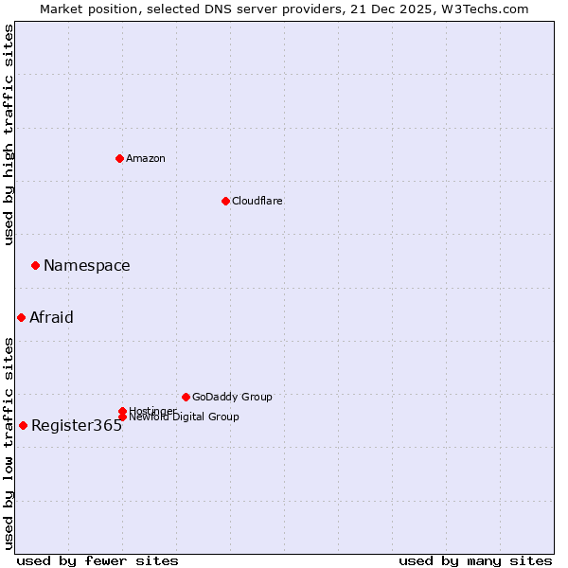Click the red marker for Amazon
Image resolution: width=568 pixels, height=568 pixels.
click(119, 158)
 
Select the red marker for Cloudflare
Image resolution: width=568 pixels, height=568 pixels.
click(225, 201)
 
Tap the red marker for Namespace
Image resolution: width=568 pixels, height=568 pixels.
click(35, 265)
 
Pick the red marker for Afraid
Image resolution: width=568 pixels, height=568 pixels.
click(21, 317)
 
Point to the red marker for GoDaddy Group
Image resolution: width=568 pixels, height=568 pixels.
click(186, 397)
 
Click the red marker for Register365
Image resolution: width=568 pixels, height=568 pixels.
click(23, 425)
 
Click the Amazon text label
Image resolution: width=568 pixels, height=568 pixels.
click(146, 158)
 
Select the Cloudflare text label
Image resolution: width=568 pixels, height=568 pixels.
click(257, 201)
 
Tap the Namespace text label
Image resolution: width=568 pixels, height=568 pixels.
click(87, 265)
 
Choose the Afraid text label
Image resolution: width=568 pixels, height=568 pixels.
click(51, 317)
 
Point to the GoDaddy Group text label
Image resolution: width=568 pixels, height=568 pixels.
click(232, 397)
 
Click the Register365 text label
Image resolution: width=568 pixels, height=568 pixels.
click(77, 425)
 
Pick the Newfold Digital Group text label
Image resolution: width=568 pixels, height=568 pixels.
click(184, 417)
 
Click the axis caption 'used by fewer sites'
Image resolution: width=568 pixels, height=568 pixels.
click(98, 560)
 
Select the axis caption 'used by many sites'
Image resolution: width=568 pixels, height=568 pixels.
click(475, 560)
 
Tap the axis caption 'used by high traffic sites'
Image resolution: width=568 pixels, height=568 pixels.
click(9, 134)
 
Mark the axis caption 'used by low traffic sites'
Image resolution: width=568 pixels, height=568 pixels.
click(9, 443)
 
